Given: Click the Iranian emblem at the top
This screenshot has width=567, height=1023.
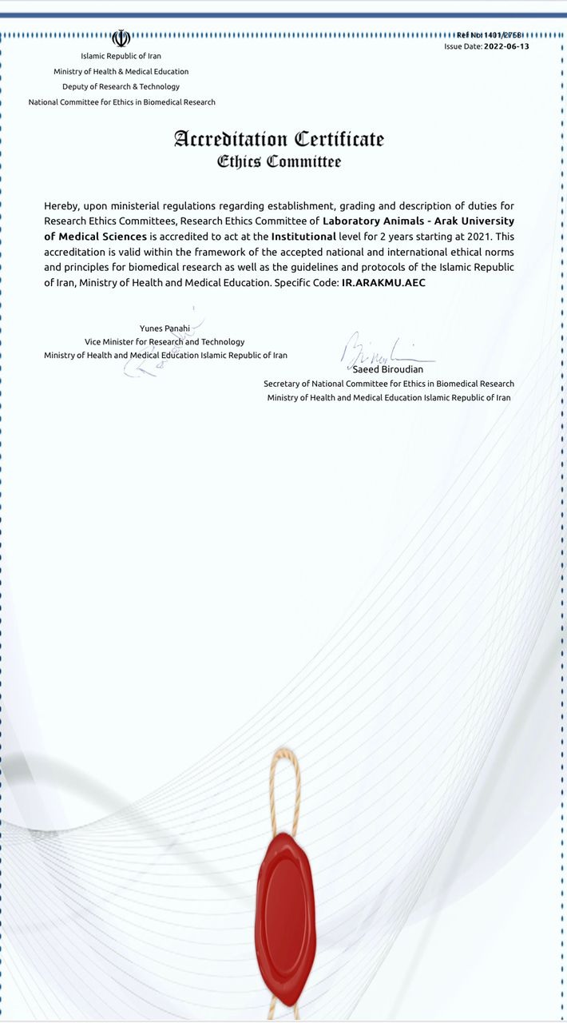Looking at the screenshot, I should [x=121, y=38].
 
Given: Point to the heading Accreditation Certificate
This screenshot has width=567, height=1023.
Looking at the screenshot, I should [x=279, y=139].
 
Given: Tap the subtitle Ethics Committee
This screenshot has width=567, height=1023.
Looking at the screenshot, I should [x=279, y=162].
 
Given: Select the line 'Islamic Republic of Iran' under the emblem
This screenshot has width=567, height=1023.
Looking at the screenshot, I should [x=121, y=56].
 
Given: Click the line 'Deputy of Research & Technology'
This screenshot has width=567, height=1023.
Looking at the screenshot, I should [x=121, y=86].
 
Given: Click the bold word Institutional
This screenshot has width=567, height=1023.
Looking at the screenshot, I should [x=303, y=237].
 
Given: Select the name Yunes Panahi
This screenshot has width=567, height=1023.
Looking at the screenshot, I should [x=165, y=328].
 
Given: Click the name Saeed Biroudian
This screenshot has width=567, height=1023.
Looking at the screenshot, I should [x=388, y=369].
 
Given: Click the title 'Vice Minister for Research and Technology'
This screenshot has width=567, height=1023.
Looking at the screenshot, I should [x=165, y=341].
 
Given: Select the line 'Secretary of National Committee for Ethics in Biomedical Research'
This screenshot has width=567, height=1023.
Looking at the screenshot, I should [x=389, y=384].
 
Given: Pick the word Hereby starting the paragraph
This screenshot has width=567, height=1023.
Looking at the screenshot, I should [x=61, y=205].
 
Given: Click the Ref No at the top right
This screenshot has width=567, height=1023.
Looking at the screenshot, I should [x=493, y=35].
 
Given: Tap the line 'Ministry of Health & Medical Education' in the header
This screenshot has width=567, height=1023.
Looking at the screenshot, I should [x=121, y=71].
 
